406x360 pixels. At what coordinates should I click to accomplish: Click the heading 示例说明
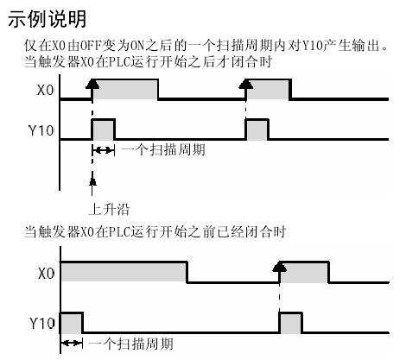(48, 19)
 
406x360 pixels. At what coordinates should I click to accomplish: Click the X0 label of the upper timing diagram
(46, 91)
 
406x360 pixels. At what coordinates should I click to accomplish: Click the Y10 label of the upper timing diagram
(41, 130)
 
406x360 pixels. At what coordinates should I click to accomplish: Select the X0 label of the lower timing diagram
(47, 273)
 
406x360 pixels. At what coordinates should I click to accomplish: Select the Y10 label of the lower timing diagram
(42, 324)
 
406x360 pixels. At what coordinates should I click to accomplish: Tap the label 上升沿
(110, 209)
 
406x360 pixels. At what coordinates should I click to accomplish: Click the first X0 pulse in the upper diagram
(125, 90)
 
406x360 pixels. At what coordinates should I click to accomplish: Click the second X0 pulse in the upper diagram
(269, 90)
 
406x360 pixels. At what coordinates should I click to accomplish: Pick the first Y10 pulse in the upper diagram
(104, 129)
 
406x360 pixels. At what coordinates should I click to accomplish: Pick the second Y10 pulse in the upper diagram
(257, 129)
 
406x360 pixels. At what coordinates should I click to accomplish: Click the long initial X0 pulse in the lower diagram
(124, 272)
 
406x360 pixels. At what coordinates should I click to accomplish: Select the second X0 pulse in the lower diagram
(304, 272)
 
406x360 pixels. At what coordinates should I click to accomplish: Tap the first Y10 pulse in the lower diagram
(72, 323)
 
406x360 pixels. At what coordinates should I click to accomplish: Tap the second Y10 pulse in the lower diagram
(291, 323)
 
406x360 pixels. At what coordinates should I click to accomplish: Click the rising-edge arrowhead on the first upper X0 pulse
(92, 83)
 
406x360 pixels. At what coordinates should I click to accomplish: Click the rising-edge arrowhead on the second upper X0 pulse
(246, 83)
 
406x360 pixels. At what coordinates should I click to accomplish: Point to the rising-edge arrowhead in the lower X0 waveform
(279, 266)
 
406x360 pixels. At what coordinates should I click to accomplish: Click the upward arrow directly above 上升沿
(92, 186)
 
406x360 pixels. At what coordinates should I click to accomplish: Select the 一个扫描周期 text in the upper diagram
(163, 150)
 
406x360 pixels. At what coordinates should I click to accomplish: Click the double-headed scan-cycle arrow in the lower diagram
(72, 343)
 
